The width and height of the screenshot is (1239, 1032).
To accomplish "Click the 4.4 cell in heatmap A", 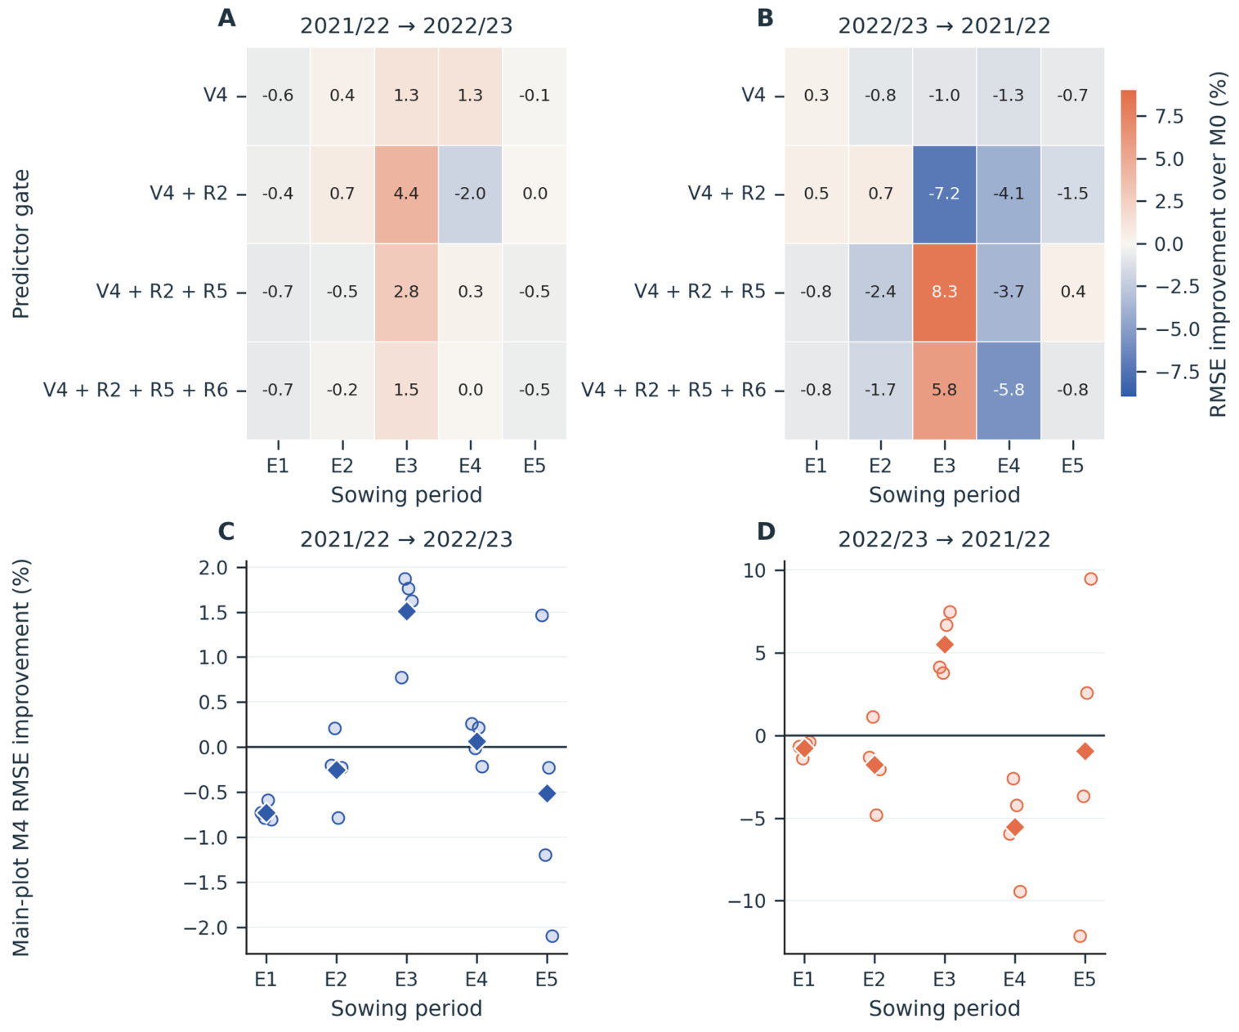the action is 406,194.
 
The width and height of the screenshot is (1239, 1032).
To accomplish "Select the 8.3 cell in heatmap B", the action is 944,292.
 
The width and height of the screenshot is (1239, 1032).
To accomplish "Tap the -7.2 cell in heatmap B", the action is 944,194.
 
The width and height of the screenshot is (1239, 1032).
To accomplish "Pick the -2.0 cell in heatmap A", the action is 470,194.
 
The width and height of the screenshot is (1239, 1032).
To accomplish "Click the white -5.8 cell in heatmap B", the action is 1009,390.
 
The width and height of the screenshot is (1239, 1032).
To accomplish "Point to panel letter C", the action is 226,531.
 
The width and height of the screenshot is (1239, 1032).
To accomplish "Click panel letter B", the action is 765,18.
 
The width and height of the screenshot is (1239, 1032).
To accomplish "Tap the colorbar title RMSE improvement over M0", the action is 1218,244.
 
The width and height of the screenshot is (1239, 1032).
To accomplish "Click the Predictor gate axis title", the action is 20,244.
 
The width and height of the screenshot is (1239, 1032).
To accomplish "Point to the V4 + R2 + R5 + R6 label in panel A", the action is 136,390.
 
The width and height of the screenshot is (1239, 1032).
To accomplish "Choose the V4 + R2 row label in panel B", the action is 727,194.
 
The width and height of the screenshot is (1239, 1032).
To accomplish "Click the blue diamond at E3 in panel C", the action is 406,611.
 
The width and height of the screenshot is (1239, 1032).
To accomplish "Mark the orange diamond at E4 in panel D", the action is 1015,827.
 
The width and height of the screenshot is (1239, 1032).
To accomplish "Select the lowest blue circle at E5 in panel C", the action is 552,936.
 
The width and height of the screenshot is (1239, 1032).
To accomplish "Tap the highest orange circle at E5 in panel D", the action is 1090,579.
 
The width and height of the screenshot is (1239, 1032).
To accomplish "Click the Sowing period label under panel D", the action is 944,1008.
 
